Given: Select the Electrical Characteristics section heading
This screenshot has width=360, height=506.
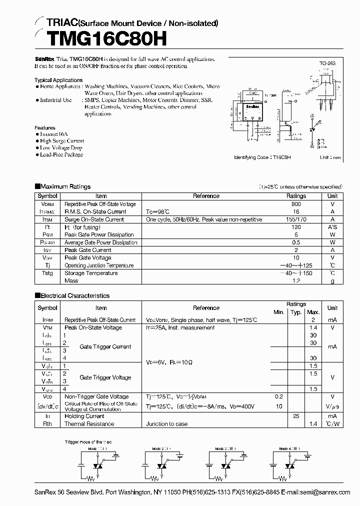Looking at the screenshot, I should [74, 295].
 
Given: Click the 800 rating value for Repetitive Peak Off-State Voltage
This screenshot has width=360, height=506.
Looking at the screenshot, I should [296, 204].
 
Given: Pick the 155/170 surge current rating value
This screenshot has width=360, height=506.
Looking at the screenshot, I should [296, 219].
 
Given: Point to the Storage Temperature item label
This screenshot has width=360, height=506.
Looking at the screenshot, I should [91, 273].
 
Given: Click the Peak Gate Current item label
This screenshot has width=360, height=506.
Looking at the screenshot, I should [87, 250].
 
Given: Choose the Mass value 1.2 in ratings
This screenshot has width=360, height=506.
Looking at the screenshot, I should [296, 281].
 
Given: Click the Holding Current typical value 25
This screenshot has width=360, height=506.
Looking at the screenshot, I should [296, 416].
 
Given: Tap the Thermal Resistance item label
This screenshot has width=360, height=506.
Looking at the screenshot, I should [89, 424].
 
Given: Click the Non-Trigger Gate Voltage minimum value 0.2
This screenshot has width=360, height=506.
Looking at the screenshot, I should [278, 396].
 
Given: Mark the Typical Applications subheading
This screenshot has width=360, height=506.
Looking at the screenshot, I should [58, 80].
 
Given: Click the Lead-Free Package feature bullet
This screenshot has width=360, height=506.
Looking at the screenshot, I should [61, 154].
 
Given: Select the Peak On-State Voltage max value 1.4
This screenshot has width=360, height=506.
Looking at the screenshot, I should [313, 327].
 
